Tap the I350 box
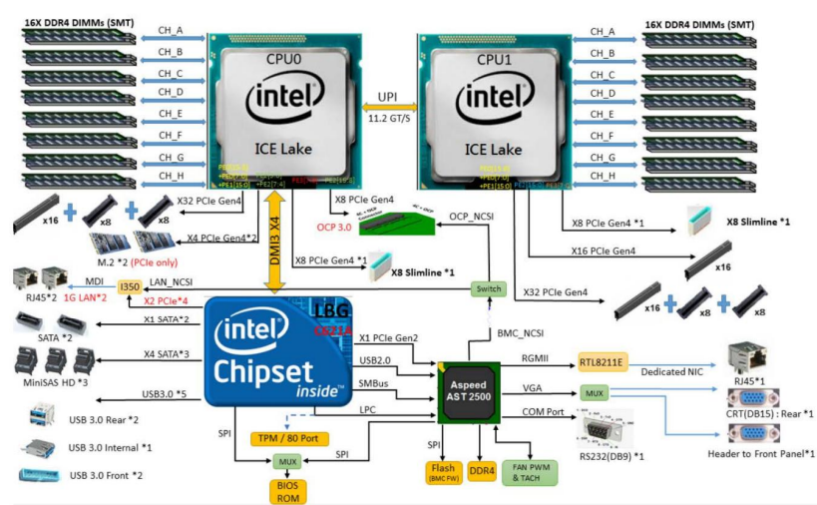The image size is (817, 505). click(129, 286)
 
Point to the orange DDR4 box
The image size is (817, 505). click(481, 468)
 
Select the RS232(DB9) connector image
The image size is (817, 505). click(601, 436)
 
